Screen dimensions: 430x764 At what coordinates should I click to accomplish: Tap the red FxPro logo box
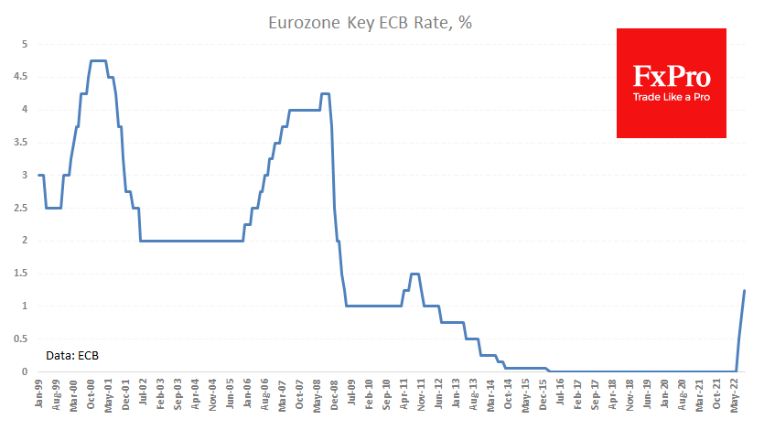pyautogui.click(x=671, y=83)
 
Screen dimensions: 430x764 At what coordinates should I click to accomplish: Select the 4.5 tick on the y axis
pyautogui.click(x=25, y=77)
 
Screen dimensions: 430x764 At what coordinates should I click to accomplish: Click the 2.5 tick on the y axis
pyautogui.click(x=25, y=208)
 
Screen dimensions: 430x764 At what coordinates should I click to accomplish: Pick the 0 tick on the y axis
pyautogui.click(x=27, y=371)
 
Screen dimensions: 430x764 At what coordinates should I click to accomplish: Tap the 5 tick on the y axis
pyautogui.click(x=27, y=44)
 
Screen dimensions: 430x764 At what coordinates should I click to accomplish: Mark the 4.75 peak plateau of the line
pyautogui.click(x=99, y=60)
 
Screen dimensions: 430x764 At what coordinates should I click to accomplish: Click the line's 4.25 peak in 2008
pyautogui.click(x=325, y=93)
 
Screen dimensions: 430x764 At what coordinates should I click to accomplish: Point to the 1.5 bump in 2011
pyautogui.click(x=414, y=274)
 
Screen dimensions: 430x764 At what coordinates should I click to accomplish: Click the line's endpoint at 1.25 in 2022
pyautogui.click(x=744, y=290)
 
